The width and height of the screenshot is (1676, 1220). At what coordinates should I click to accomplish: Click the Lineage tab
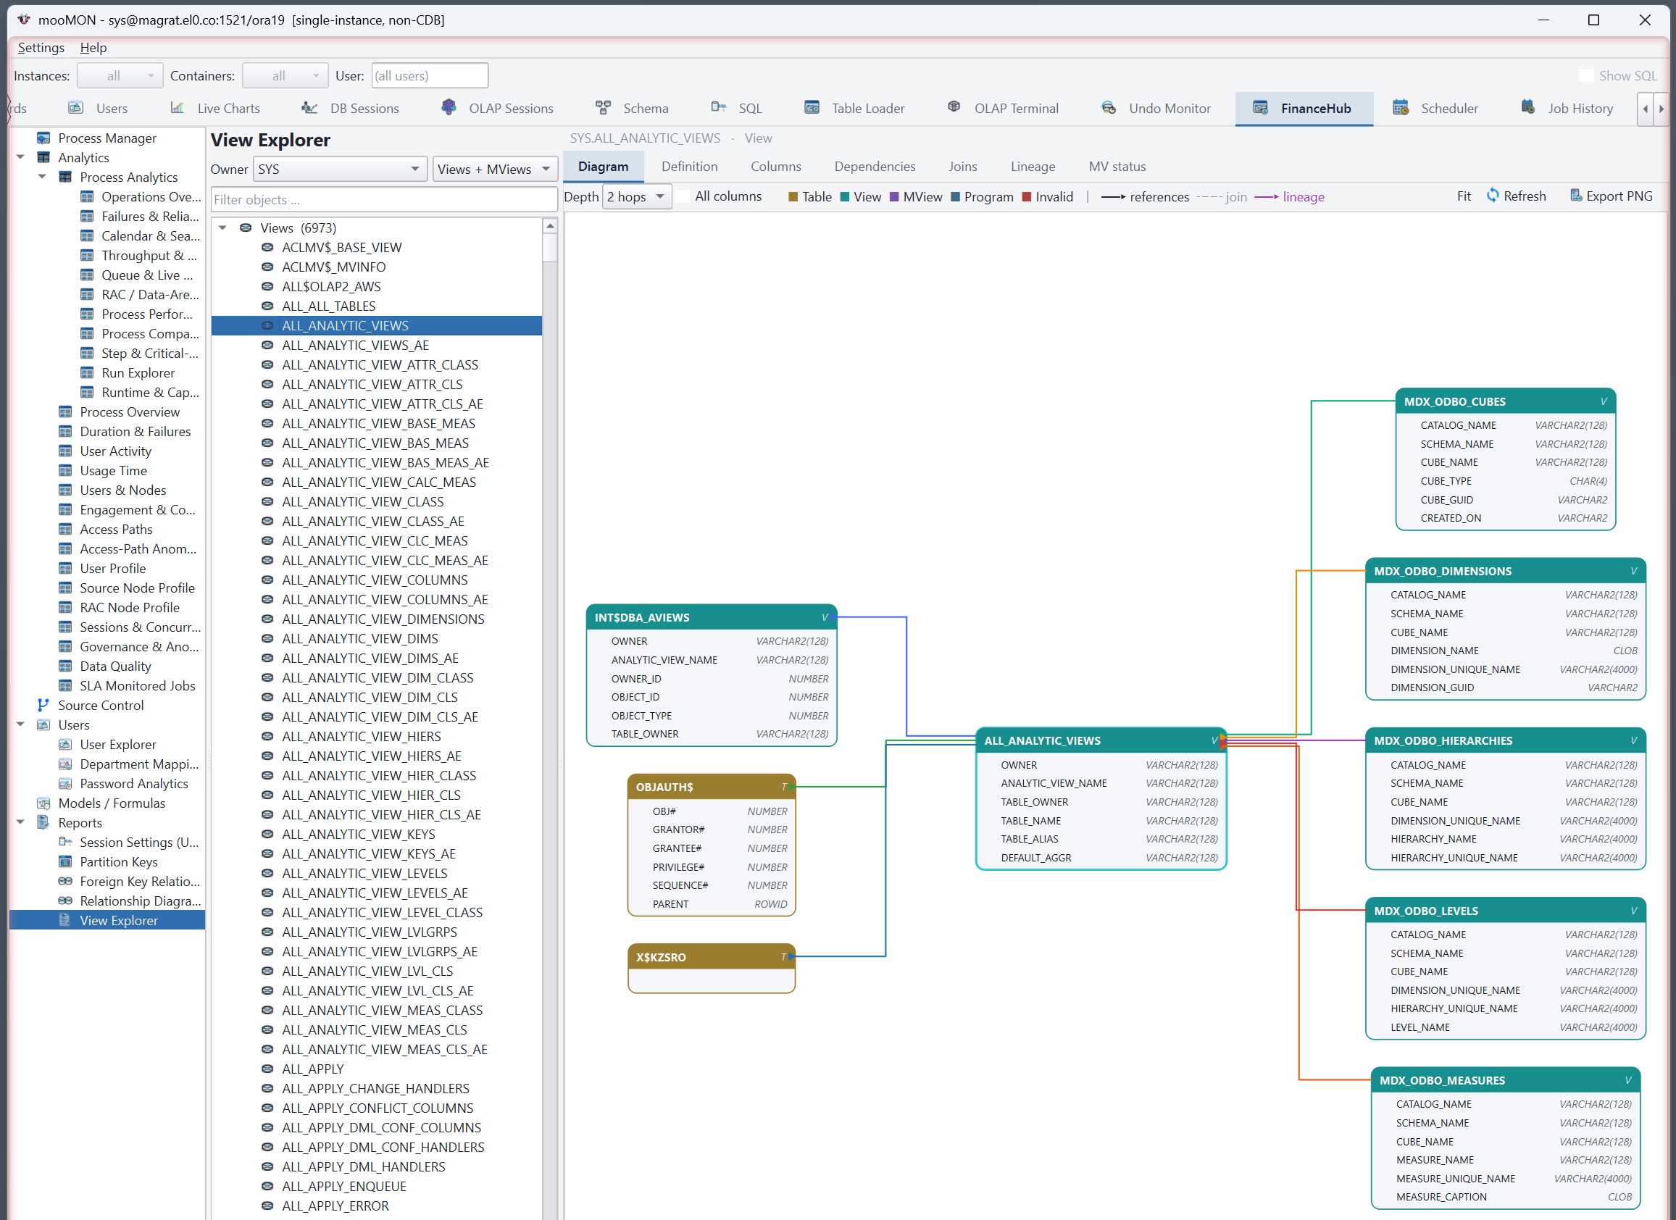(1033, 166)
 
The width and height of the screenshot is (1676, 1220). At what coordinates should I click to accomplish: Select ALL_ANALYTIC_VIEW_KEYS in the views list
(359, 835)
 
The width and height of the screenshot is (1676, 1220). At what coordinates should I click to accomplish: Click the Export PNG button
(1611, 196)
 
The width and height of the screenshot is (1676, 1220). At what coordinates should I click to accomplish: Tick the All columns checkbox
(683, 196)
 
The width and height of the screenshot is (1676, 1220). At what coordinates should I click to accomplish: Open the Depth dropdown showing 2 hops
(636, 196)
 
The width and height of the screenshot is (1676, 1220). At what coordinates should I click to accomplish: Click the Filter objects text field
(383, 199)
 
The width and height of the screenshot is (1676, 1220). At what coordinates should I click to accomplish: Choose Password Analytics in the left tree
(134, 783)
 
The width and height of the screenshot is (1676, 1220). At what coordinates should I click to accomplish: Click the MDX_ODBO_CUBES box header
(1505, 401)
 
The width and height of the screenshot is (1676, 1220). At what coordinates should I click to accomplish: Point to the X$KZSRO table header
(711, 957)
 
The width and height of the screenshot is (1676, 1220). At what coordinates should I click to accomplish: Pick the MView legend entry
(916, 196)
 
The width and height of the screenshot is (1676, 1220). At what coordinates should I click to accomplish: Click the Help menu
(93, 47)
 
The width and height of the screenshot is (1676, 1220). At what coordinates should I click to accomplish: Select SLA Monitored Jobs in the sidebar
(138, 686)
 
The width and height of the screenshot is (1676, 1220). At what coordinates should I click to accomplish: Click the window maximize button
(1593, 20)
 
